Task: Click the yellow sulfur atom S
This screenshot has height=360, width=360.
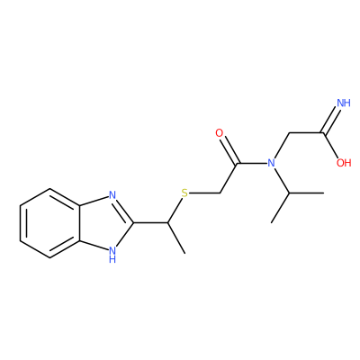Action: pyautogui.click(x=184, y=193)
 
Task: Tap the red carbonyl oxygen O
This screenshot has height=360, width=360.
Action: pyautogui.click(x=220, y=133)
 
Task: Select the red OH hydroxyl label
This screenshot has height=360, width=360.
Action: pyautogui.click(x=344, y=163)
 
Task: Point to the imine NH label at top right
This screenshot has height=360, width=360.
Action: pyautogui.click(x=344, y=103)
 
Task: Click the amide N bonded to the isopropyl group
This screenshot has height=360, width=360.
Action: pyautogui.click(x=271, y=163)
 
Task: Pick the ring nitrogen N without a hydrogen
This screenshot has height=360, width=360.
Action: pyautogui.click(x=112, y=195)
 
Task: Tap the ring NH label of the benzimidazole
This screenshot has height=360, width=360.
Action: pyautogui.click(x=112, y=254)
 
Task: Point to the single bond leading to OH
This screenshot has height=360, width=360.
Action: pyautogui.click(x=330, y=145)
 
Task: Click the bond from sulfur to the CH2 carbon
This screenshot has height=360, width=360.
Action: pyautogui.click(x=205, y=193)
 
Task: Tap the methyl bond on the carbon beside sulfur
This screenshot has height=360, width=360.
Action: pyautogui.click(x=176, y=238)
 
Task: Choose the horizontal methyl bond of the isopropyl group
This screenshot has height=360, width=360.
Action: pyautogui.click(x=306, y=193)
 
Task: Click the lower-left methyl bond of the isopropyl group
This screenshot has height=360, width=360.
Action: pyautogui.click(x=280, y=208)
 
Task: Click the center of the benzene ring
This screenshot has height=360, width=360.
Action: pyautogui.click(x=50, y=223)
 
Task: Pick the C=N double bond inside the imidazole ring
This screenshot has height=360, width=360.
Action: pyautogui.click(x=123, y=210)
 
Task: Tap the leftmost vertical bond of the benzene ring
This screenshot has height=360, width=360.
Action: pyautogui.click(x=20, y=223)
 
